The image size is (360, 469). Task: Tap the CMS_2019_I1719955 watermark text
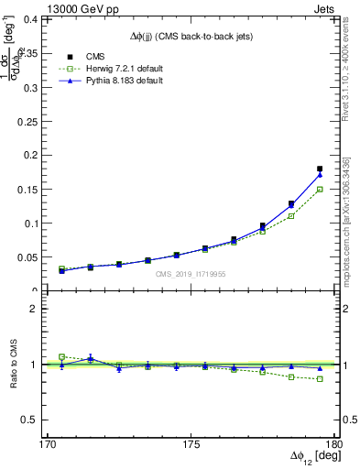click(x=191, y=274)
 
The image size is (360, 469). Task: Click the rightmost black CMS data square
click(x=320, y=169)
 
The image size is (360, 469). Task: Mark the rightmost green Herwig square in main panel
click(x=320, y=190)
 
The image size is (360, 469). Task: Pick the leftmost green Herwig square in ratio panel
click(x=61, y=356)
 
